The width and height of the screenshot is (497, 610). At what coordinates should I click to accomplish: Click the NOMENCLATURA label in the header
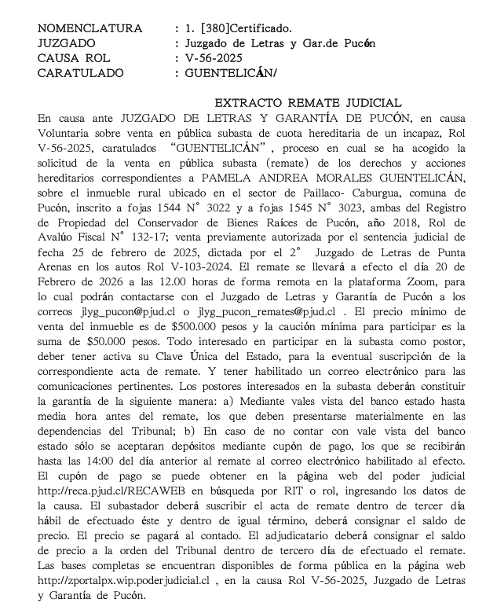click(90, 29)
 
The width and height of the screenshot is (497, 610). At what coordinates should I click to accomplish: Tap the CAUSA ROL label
click(74, 58)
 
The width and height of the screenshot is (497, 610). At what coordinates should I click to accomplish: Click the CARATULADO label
click(81, 73)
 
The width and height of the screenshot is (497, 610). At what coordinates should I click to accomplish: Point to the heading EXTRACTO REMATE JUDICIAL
click(308, 103)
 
